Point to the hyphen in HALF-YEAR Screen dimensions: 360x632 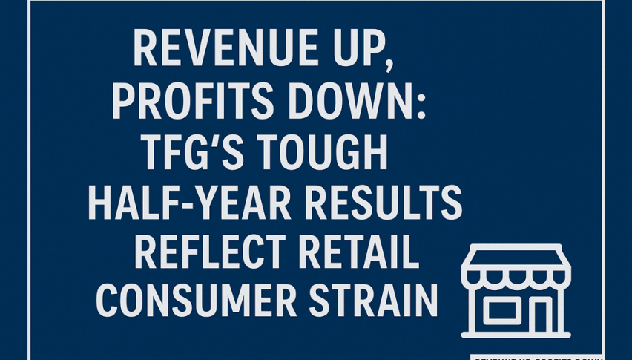(178, 203)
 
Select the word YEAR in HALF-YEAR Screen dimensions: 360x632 (228, 202)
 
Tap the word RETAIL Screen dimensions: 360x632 (356, 252)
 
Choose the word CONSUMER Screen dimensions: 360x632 (193, 302)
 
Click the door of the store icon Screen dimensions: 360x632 (541, 315)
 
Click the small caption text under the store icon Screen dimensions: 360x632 (538, 356)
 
